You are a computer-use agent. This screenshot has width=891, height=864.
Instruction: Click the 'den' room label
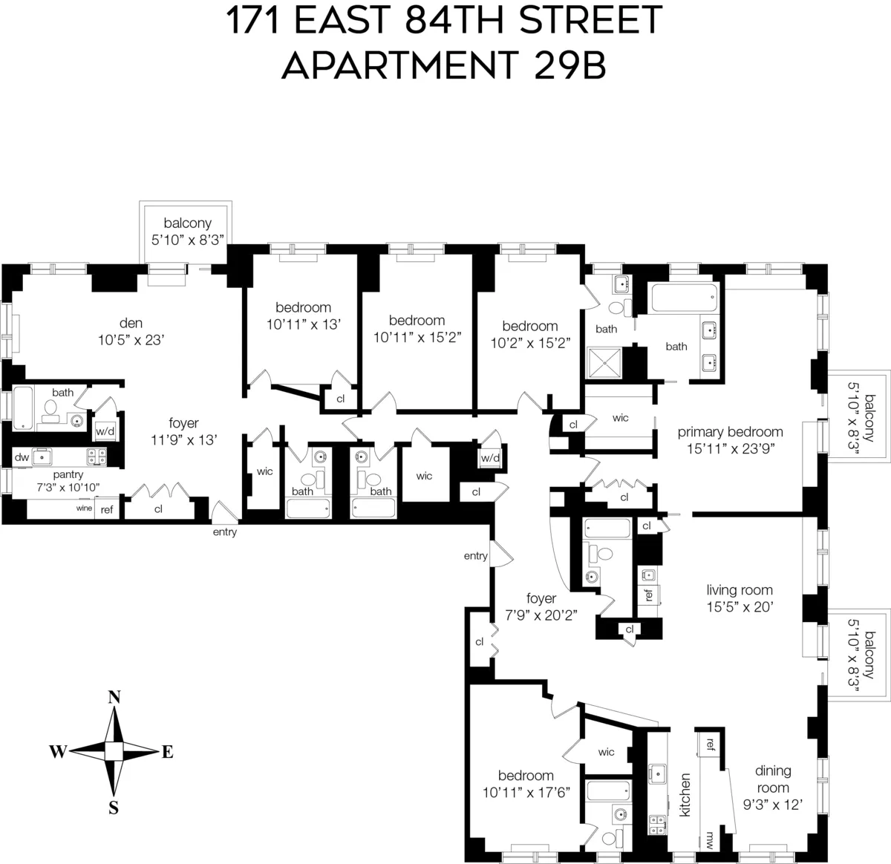(x=131, y=323)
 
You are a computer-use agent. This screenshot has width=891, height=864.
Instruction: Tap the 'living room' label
(x=740, y=590)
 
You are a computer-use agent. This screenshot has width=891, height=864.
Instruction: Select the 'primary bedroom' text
(x=730, y=432)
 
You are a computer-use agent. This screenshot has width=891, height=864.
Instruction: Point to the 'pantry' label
(x=68, y=474)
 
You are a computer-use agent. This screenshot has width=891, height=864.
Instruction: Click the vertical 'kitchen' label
(x=685, y=795)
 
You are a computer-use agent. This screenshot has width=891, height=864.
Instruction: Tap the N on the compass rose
(x=114, y=697)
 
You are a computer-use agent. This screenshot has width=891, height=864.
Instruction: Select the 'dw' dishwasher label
(x=22, y=457)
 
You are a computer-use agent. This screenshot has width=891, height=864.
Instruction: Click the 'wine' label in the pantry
(x=84, y=508)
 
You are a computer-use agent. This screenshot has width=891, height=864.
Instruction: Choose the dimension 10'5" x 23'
(x=131, y=340)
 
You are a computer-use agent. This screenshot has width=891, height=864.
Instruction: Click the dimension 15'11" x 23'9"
(x=730, y=448)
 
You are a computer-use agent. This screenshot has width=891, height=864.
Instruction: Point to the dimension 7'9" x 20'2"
(x=541, y=615)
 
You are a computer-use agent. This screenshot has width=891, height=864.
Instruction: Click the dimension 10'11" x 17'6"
(x=526, y=792)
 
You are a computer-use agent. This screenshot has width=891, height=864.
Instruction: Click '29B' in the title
(x=569, y=65)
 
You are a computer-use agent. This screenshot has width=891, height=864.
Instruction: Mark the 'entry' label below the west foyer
(x=225, y=532)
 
